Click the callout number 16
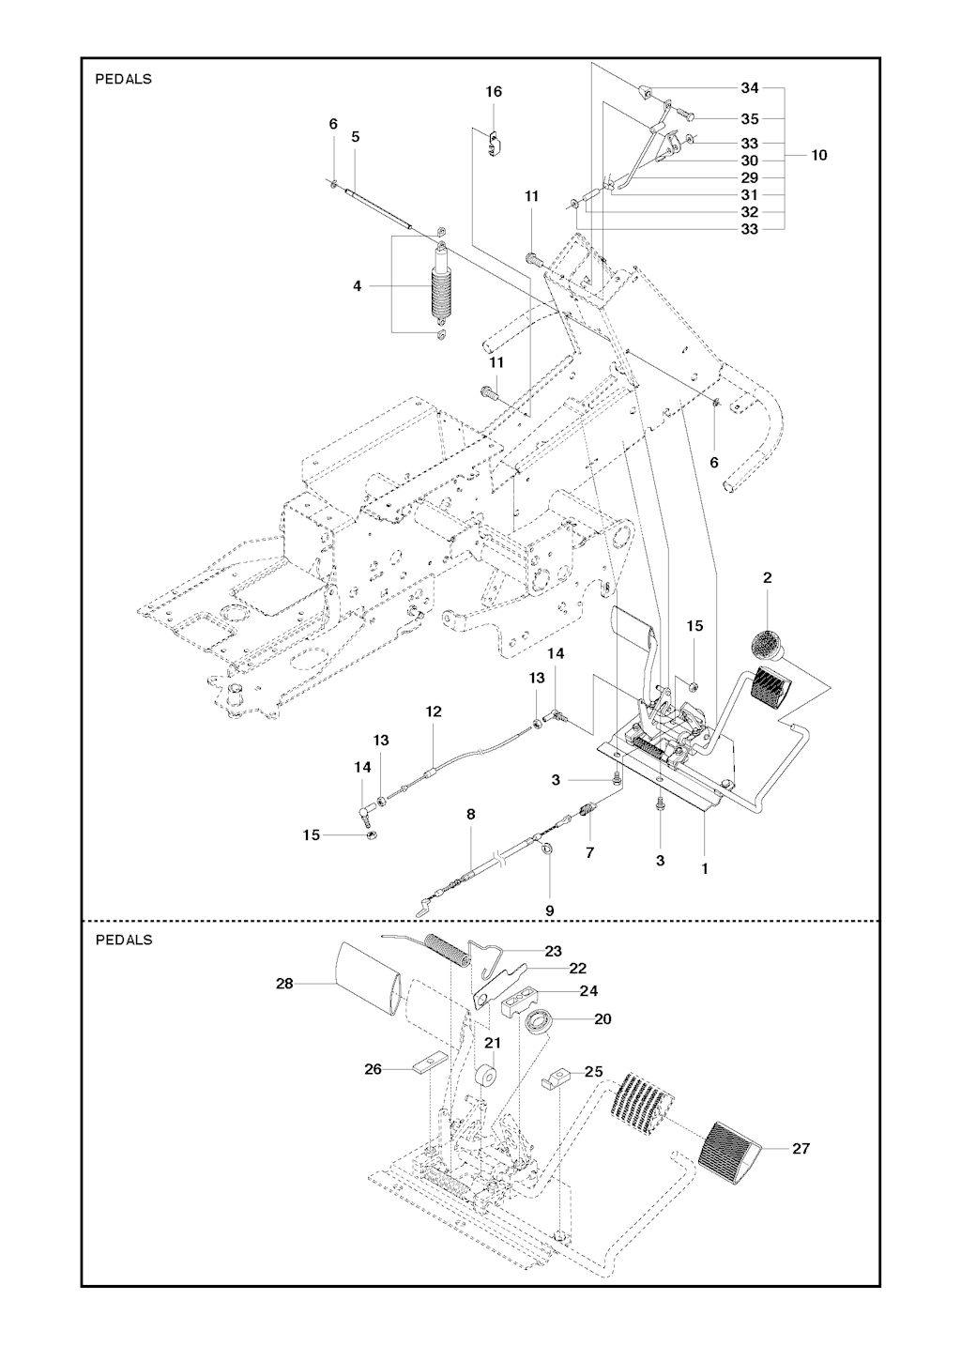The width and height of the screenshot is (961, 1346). click(494, 92)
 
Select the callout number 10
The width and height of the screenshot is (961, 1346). click(819, 155)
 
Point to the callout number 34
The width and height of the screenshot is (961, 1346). click(750, 88)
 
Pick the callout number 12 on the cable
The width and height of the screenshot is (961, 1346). click(433, 711)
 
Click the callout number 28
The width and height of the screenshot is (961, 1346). click(284, 984)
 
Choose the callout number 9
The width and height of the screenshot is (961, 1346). click(550, 910)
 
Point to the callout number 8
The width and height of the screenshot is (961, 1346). click(470, 814)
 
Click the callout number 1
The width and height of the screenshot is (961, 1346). click(705, 868)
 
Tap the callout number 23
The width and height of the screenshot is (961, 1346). click(553, 951)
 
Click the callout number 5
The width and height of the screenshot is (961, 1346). click(356, 137)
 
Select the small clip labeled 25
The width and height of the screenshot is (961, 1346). click(556, 1076)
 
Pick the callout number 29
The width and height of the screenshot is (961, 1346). click(750, 177)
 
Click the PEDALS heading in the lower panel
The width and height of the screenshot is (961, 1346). click(124, 940)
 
